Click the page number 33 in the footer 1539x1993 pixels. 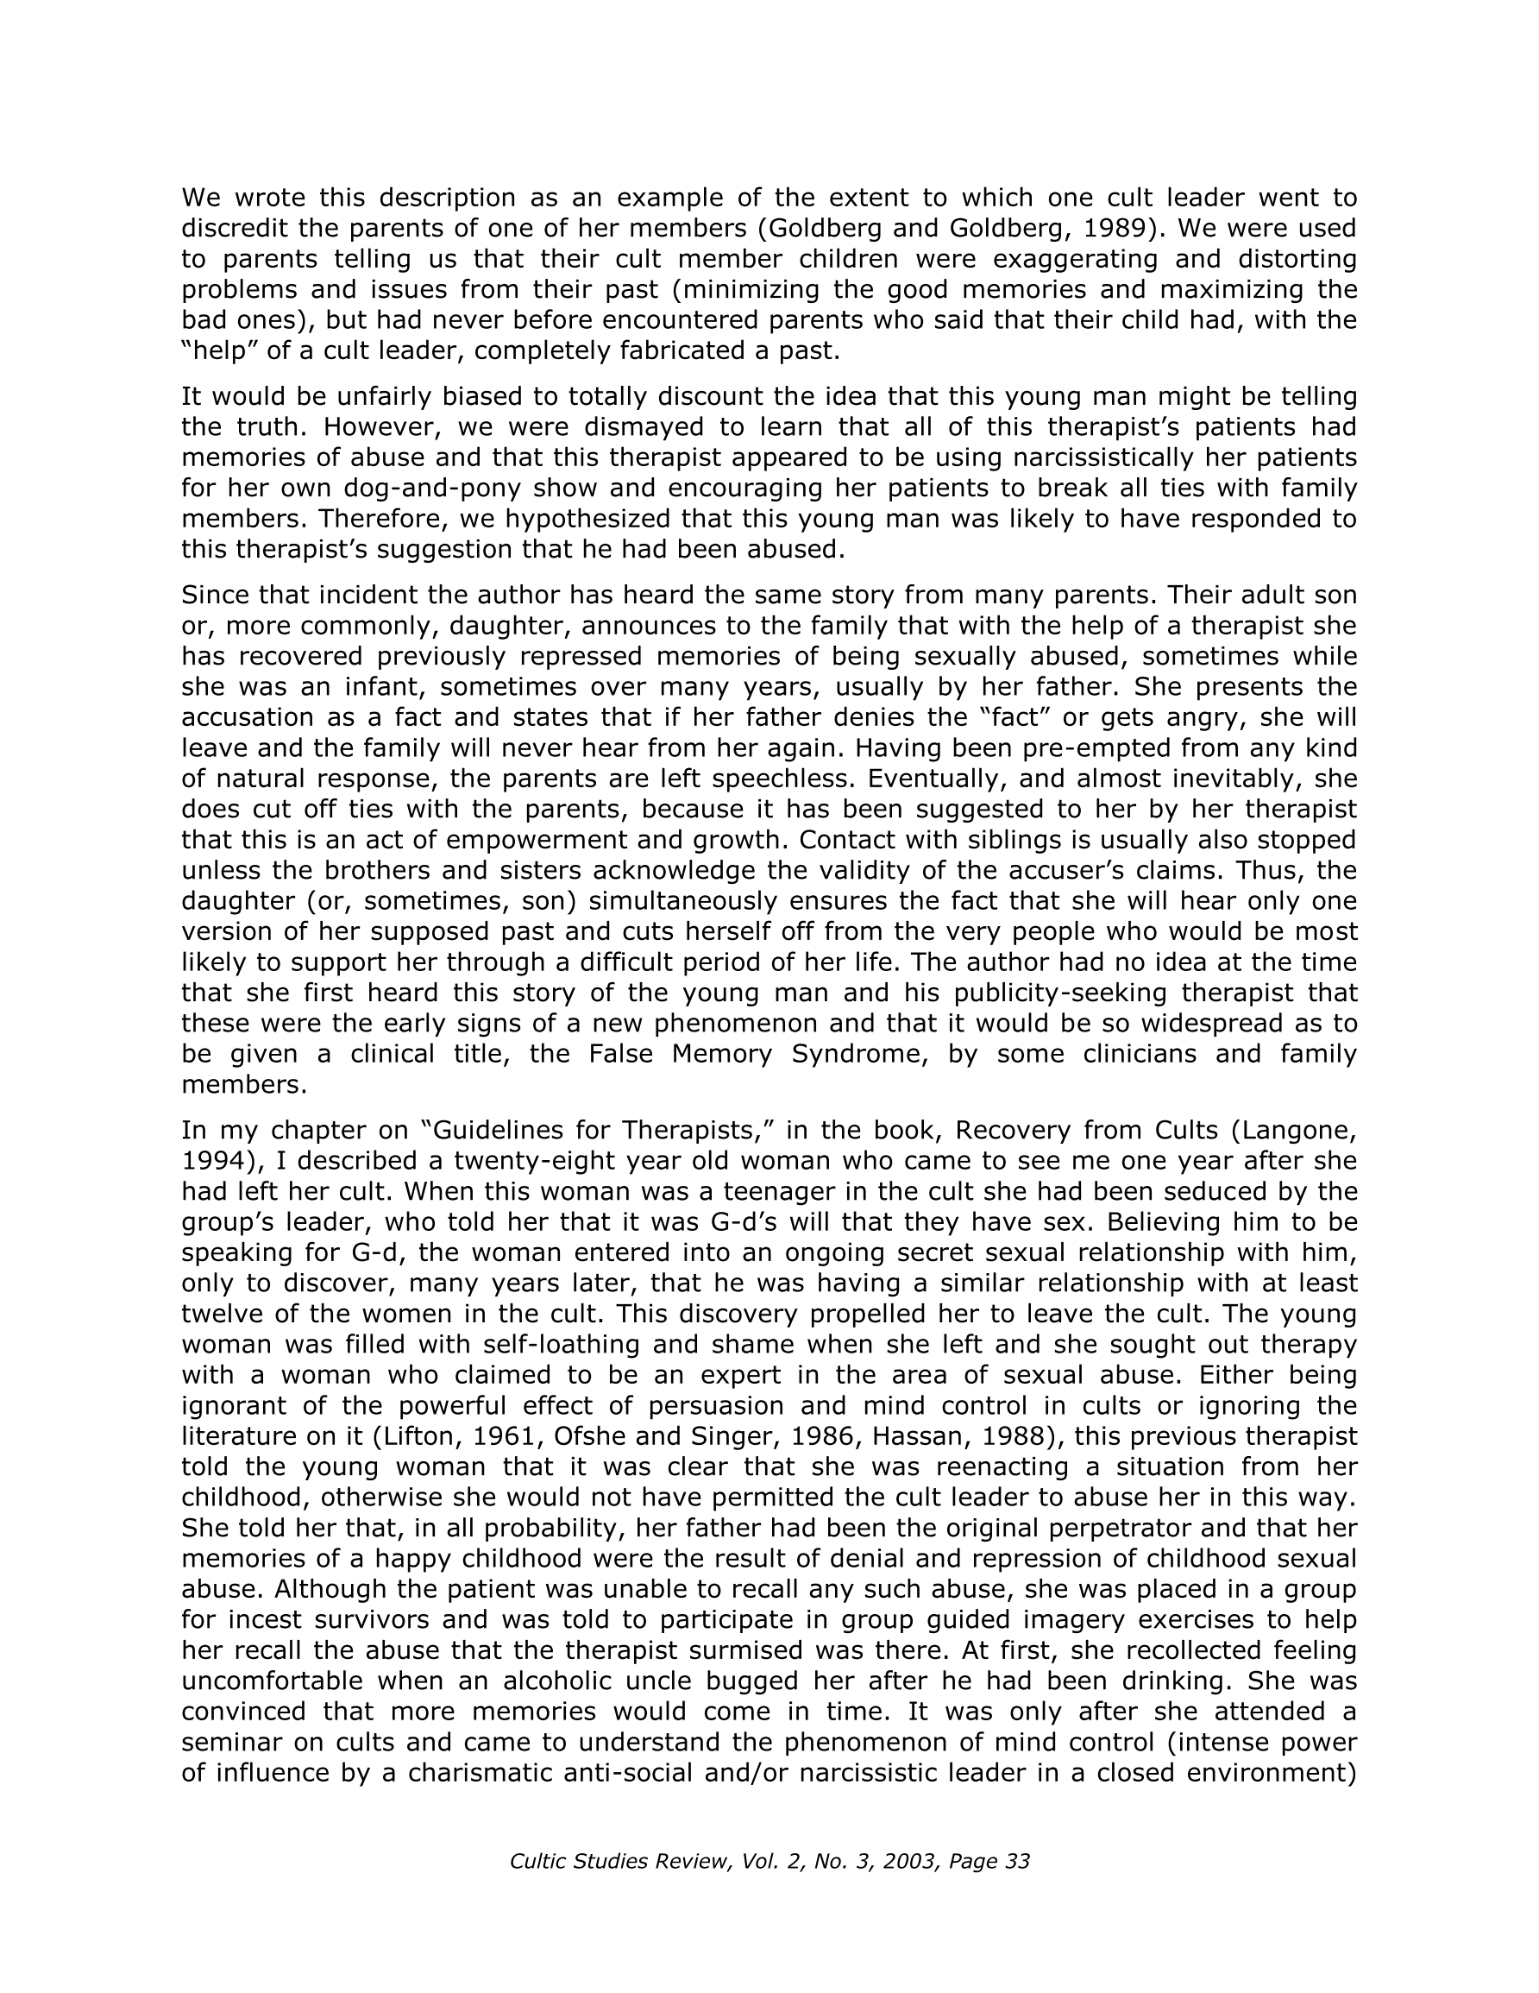tap(1015, 1861)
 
